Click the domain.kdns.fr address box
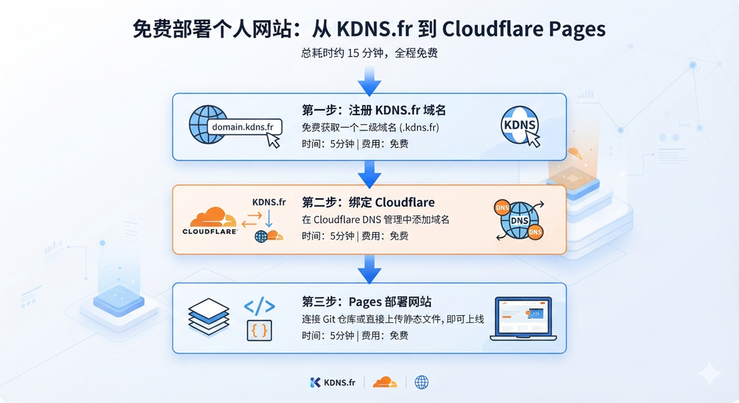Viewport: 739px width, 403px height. point(244,127)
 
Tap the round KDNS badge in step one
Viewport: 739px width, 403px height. point(519,125)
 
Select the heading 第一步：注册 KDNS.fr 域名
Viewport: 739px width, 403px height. point(374,110)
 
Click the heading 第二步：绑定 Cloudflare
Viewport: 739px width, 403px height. point(368,203)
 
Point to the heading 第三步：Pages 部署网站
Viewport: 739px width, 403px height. point(367,302)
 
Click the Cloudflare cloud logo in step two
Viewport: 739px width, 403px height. point(210,221)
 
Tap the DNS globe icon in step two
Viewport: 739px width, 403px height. point(520,220)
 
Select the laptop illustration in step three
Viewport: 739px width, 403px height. point(523,319)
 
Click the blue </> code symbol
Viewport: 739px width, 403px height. point(259,306)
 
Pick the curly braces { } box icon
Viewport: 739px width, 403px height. point(260,330)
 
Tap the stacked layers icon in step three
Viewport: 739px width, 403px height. point(209,316)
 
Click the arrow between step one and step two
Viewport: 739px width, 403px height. point(369,174)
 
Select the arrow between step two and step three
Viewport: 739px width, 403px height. point(369,270)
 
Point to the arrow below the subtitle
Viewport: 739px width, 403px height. point(369,81)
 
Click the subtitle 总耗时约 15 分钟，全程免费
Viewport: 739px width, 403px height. point(369,53)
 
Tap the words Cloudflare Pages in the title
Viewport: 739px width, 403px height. point(524,29)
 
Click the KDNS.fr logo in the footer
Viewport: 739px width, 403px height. point(333,382)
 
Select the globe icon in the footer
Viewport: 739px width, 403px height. point(421,382)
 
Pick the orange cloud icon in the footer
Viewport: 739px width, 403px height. point(385,382)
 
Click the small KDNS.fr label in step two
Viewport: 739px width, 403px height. point(268,203)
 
